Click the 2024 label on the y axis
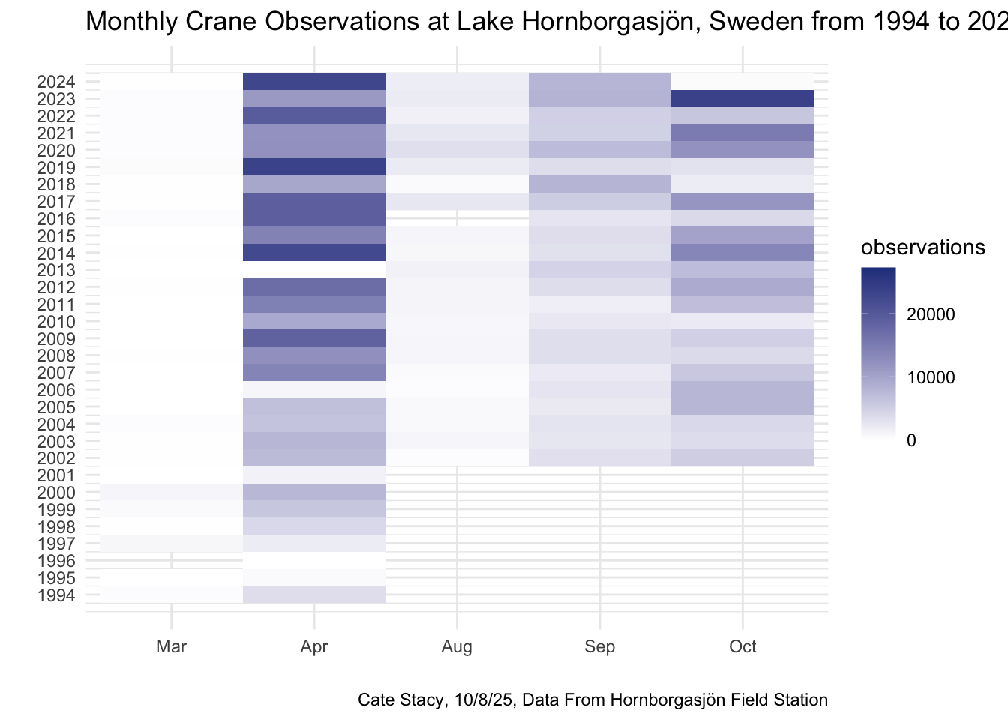point(55,82)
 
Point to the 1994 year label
point(55,596)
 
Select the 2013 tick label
point(55,271)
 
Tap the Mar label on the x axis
point(172,646)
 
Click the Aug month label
point(457,646)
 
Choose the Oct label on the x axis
point(742,646)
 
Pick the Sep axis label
point(600,646)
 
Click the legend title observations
point(922,247)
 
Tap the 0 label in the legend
point(911,440)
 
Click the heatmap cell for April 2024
point(314,82)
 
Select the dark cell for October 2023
point(742,99)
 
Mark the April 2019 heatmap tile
point(314,167)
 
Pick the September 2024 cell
point(600,82)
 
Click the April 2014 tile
point(314,253)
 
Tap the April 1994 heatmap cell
point(314,595)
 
